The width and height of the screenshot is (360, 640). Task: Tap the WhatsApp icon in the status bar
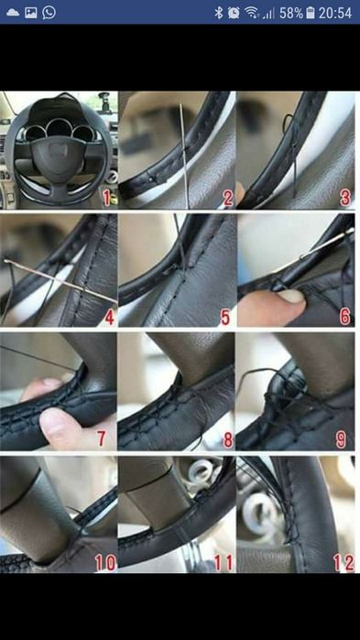coord(49,12)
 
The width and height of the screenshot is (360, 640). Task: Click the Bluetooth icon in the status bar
coord(219,13)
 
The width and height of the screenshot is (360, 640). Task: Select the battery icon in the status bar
coord(311,13)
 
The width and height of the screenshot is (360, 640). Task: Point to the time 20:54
coord(335,13)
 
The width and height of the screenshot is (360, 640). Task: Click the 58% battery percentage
coord(291,13)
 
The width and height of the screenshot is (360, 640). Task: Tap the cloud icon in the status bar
coord(13,13)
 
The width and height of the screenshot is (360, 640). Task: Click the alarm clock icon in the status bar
coord(234,13)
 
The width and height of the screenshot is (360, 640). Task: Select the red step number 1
coord(106,198)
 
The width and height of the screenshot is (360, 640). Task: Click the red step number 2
coord(227,199)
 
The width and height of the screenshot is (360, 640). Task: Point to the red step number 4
coord(109,317)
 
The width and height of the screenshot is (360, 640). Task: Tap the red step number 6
coord(345,316)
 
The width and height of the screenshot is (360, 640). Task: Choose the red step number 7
coord(102,439)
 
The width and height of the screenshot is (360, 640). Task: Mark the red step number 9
coord(341,440)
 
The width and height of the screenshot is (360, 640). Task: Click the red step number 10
coord(105,563)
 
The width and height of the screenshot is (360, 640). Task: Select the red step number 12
coord(344,563)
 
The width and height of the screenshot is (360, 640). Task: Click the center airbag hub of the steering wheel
coord(59,151)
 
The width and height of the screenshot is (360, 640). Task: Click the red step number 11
coord(224,563)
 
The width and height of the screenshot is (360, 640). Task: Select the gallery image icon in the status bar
coord(30,13)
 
